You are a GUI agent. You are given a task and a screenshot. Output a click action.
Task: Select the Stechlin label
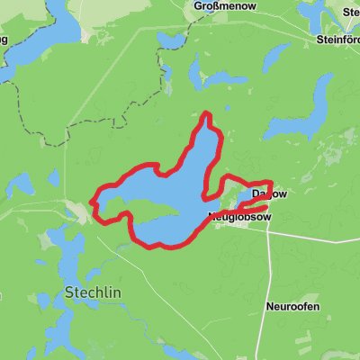point(94,292)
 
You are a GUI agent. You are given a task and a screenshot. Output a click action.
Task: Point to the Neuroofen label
point(292,306)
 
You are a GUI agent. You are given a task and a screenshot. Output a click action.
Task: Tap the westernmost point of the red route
point(94,200)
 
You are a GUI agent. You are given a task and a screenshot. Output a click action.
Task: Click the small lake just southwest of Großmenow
point(170,40)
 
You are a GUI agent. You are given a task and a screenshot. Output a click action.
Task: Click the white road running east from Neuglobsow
point(315,231)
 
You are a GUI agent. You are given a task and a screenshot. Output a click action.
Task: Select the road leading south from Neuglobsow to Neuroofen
point(269,261)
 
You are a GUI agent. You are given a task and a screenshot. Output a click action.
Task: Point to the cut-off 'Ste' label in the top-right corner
point(350,12)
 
